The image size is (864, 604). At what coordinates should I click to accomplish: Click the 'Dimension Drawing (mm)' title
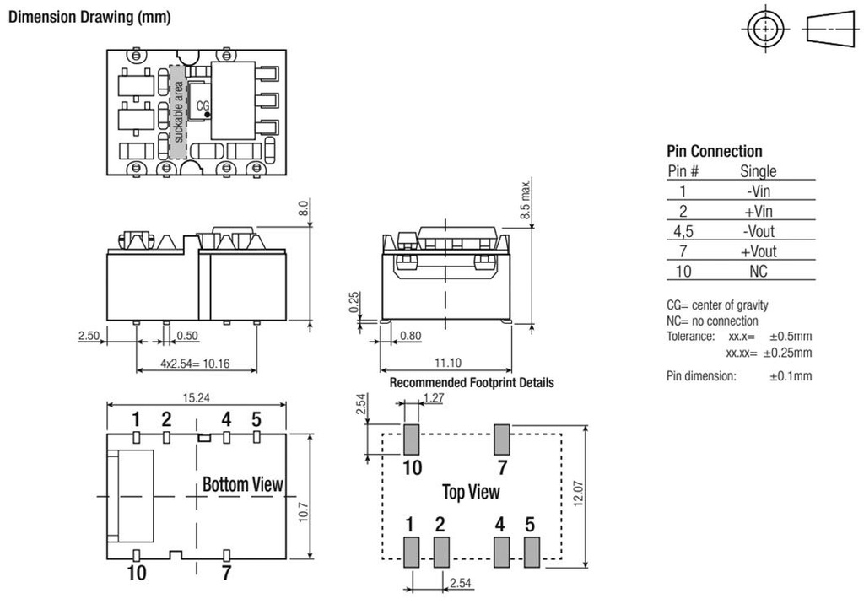(89, 18)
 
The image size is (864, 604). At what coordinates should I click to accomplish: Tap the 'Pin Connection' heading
(714, 152)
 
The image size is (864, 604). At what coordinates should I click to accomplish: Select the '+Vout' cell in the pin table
(758, 251)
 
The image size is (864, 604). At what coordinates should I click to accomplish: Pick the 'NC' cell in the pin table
(758, 272)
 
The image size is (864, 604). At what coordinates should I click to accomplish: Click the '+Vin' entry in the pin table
(758, 211)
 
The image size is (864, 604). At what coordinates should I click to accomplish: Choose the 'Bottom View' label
(243, 484)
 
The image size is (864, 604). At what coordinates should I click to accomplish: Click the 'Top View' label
(471, 492)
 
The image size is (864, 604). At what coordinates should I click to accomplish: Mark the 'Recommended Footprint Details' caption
(472, 383)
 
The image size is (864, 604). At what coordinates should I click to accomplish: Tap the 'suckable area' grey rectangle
(177, 111)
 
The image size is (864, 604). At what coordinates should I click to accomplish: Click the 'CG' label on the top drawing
(202, 107)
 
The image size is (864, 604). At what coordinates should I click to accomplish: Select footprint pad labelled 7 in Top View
(502, 439)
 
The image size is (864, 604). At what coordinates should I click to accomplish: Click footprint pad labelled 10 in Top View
(412, 439)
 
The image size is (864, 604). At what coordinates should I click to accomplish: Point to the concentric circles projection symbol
(765, 30)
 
